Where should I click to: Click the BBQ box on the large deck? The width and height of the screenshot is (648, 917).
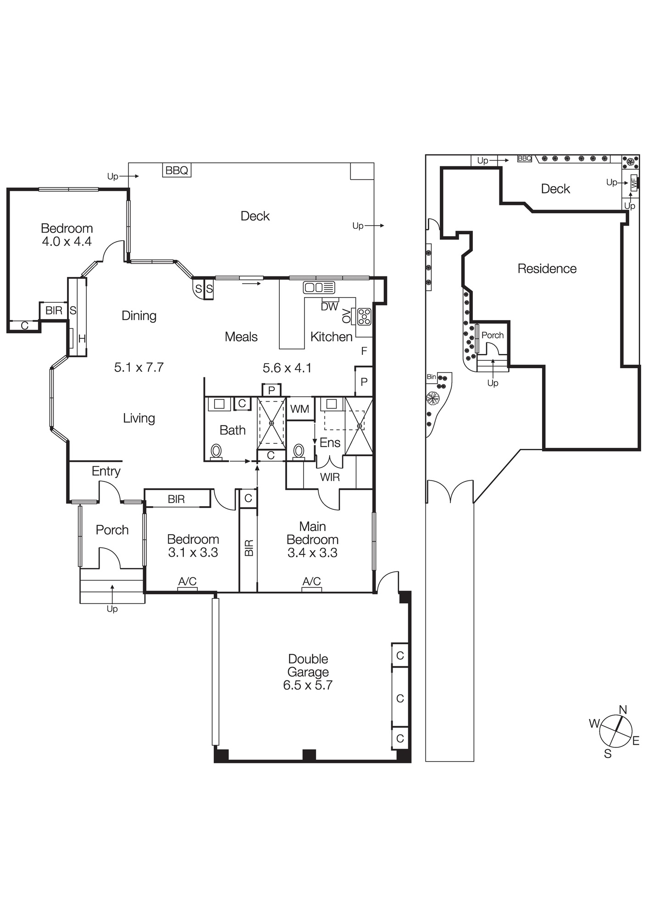177,171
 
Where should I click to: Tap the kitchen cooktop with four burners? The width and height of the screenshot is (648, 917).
364,316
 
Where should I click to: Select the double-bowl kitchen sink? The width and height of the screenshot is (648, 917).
319,288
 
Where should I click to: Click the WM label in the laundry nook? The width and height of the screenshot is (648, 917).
300,409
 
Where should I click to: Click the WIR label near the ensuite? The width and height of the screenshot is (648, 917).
330,477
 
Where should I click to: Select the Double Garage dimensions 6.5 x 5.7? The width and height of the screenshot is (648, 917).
308,685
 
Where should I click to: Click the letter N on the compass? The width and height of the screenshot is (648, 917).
623,710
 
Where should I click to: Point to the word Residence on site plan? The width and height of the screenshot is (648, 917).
547,269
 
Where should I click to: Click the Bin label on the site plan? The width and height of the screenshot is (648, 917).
431,377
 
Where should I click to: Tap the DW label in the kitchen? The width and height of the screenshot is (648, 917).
329,307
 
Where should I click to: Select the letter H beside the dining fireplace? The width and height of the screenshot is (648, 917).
82,339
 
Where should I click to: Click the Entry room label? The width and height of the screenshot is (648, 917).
106,471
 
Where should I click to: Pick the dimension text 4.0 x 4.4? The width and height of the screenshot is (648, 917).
67,242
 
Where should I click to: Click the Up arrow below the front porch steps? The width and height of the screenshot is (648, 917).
112,609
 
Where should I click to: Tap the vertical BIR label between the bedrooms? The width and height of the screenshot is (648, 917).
249,548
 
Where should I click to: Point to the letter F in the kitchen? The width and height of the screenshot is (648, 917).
364,351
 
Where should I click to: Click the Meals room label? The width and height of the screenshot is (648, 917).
241,337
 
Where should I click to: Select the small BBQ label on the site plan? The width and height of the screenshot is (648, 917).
525,159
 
